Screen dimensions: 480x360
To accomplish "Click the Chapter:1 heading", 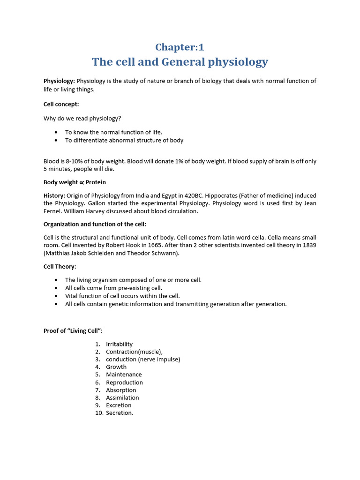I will point(180,47).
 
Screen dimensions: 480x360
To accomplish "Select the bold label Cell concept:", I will point(61,104).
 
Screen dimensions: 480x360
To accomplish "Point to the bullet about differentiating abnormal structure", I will point(124,140).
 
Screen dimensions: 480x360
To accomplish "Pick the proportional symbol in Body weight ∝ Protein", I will point(82,182).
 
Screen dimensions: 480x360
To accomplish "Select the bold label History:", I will point(54,195).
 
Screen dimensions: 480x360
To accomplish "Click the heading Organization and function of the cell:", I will point(95,224).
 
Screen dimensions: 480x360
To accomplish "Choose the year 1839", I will point(307,245).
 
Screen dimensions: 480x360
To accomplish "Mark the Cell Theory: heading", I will point(60,266).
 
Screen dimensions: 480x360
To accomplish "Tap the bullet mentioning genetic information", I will point(176,304).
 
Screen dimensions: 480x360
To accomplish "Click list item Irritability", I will point(119,344).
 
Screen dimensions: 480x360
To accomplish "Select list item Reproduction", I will point(124,382).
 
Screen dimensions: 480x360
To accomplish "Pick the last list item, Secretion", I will point(120,413).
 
